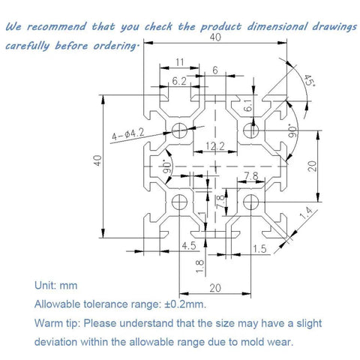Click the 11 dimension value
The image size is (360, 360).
pyautogui.click(x=179, y=62)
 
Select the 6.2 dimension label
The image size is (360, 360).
pyautogui.click(x=179, y=79)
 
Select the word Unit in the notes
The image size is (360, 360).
pyautogui.click(x=46, y=286)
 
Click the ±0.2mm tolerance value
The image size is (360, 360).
pyautogui.click(x=182, y=304)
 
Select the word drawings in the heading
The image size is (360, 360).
pyautogui.click(x=327, y=28)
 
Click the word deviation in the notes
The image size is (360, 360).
pyautogui.click(x=58, y=341)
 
